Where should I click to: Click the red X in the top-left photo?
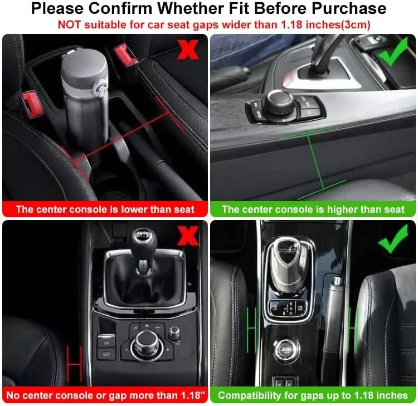coord(188,50)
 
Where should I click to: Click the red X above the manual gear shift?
coord(188,236)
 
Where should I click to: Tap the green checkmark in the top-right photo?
coord(393,51)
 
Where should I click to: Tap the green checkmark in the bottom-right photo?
coord(393,238)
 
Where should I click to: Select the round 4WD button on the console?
coord(286,349)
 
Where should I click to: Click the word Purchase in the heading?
coord(349,8)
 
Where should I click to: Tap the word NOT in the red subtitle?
coord(69,25)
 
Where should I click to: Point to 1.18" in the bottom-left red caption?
coord(193,395)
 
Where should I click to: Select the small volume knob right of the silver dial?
coord(174,332)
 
